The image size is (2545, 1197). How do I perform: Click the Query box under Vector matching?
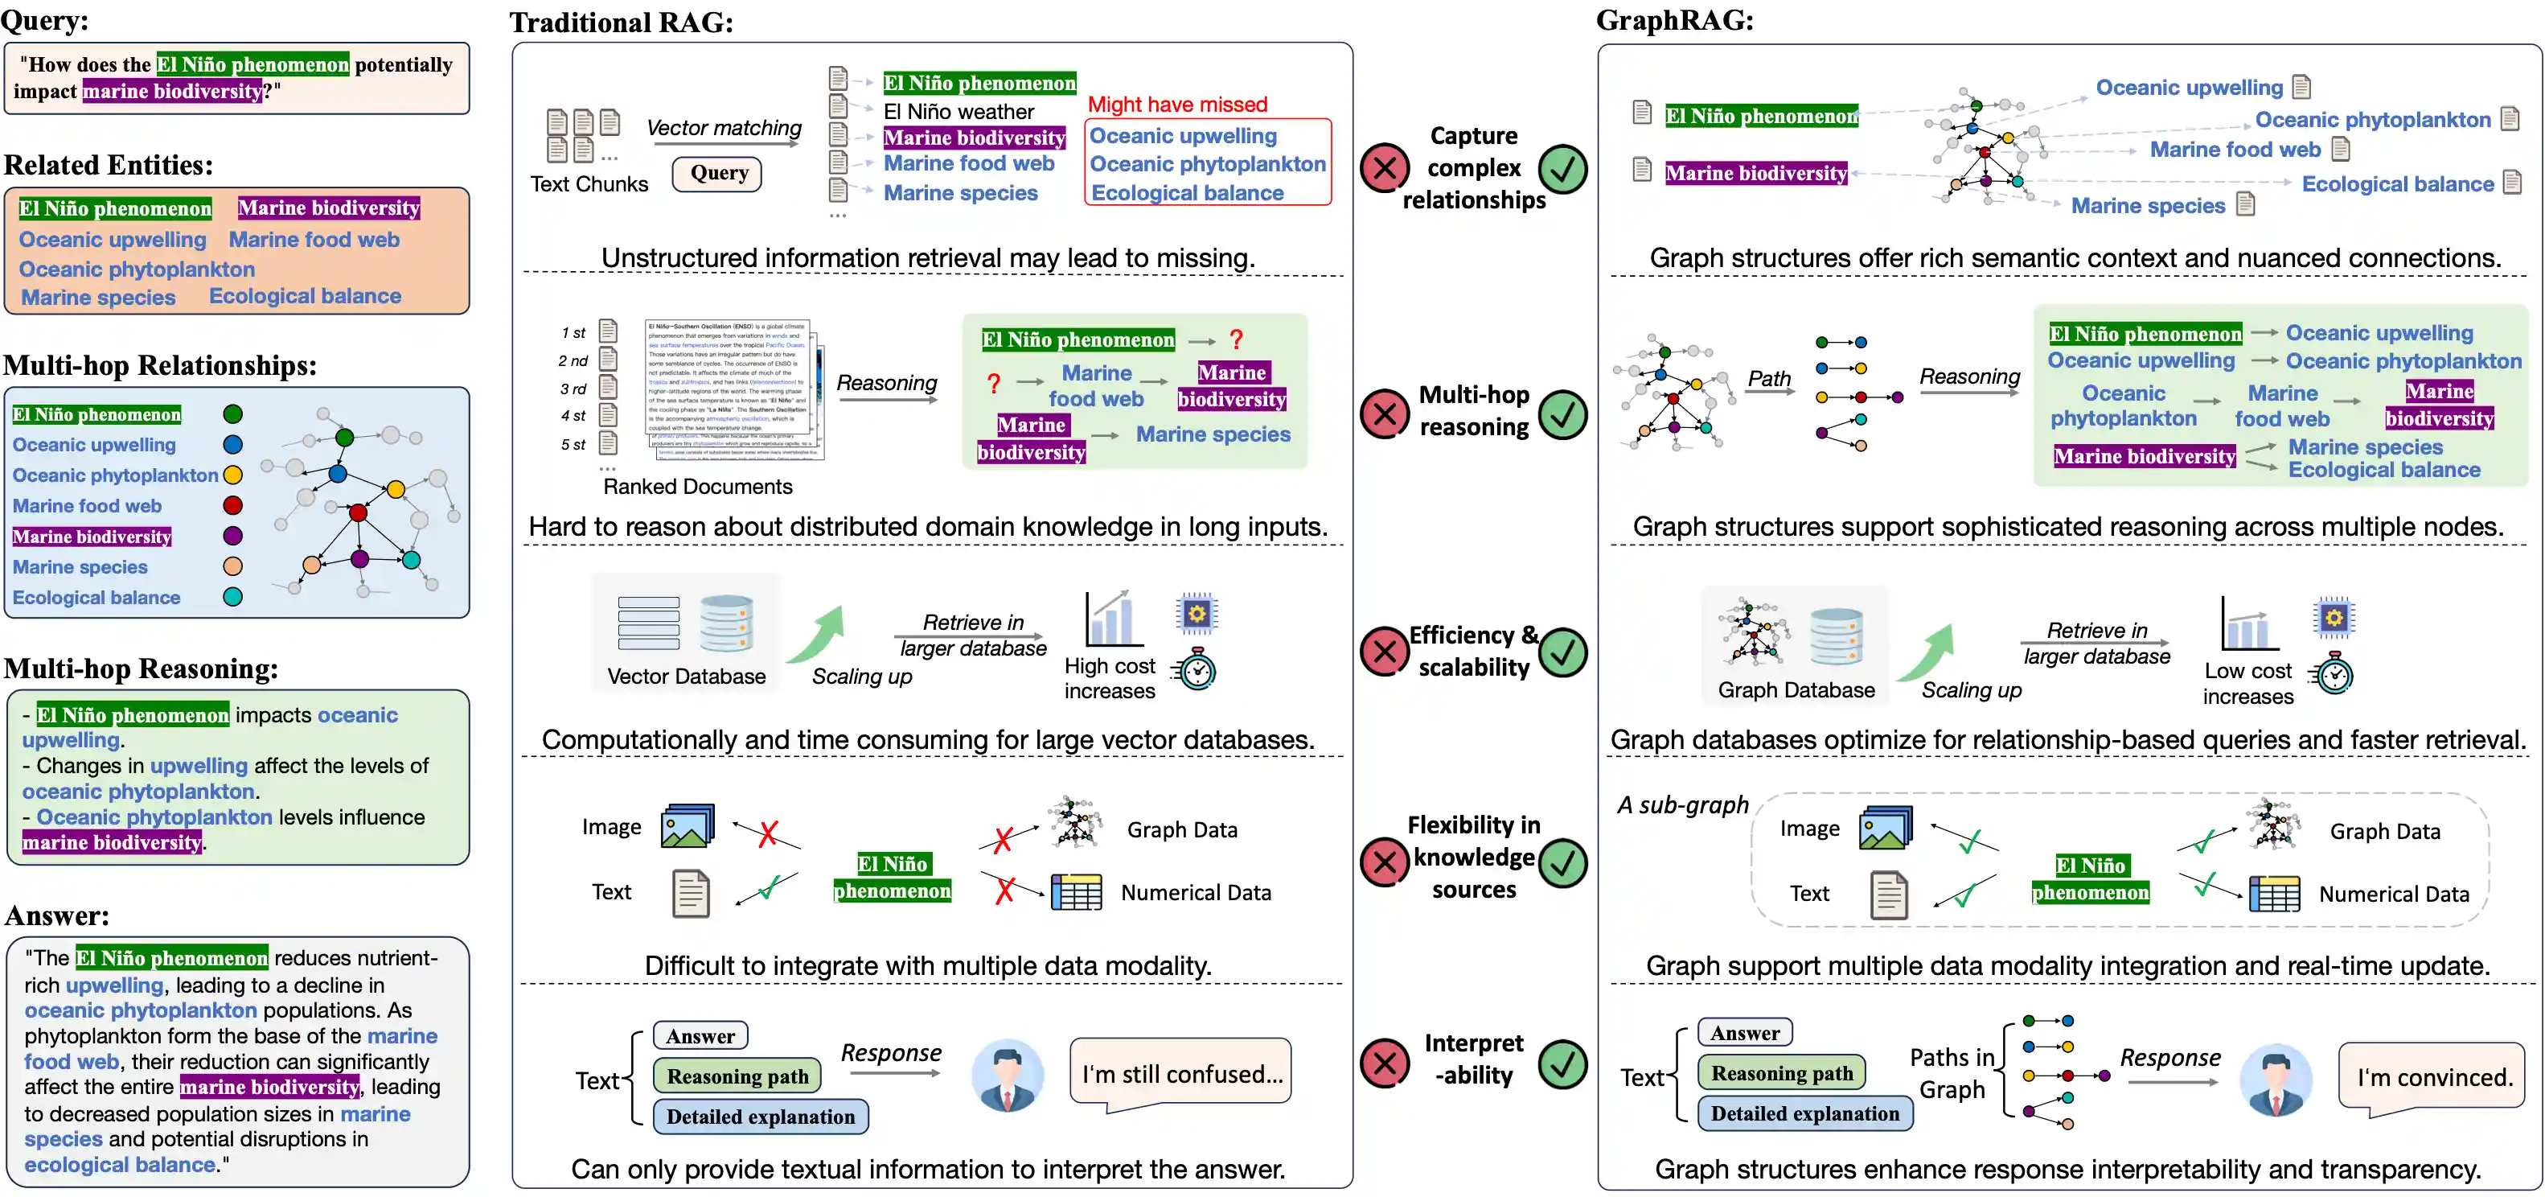click(x=718, y=174)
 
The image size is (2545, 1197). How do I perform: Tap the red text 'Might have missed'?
click(x=1176, y=105)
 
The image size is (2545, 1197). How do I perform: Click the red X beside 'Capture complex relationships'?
click(x=1384, y=168)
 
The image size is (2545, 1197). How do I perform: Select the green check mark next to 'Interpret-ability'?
click(x=1562, y=1063)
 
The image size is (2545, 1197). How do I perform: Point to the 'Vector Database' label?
click(x=686, y=676)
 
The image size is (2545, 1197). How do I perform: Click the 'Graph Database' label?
click(x=1795, y=690)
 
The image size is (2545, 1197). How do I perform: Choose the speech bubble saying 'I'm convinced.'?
click(x=2433, y=1077)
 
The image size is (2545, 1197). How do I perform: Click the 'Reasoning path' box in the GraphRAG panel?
click(x=1781, y=1073)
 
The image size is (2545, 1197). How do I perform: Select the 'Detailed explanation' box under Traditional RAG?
click(x=760, y=1117)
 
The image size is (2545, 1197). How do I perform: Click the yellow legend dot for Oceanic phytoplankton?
click(x=233, y=475)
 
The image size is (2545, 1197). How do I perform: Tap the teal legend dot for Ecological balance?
click(x=233, y=597)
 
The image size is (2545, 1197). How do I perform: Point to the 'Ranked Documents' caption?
click(x=697, y=487)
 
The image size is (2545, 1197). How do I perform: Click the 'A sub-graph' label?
click(x=1682, y=805)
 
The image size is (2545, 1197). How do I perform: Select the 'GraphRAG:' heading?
click(x=1675, y=20)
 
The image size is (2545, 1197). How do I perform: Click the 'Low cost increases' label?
click(x=2247, y=683)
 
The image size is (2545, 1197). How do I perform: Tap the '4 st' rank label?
click(x=573, y=416)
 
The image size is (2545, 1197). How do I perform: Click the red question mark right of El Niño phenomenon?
click(x=1236, y=340)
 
